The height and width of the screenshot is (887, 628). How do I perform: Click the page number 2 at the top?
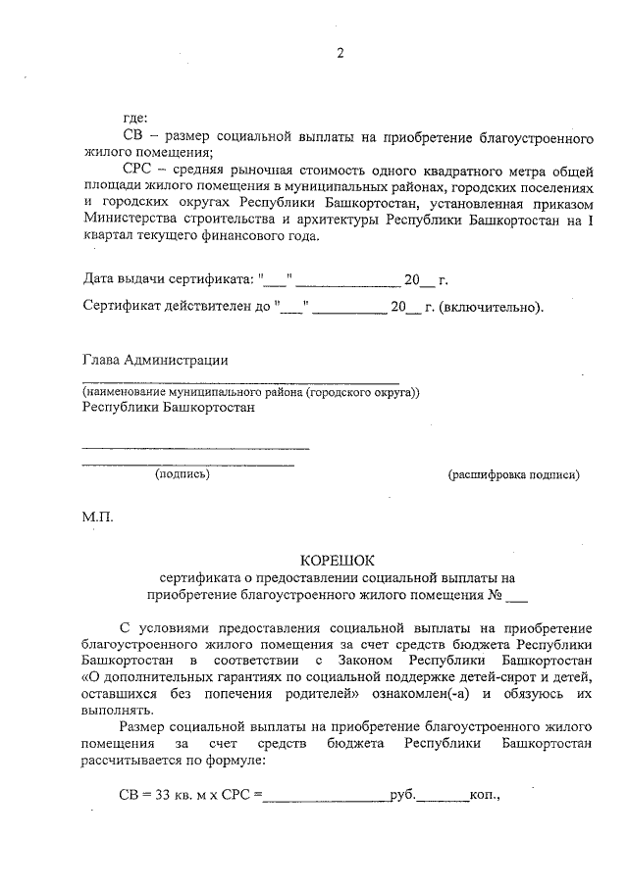pyautogui.click(x=340, y=54)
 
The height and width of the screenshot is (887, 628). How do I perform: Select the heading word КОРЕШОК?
pyautogui.click(x=339, y=561)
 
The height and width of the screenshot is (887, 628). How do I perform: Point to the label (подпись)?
pyautogui.click(x=183, y=474)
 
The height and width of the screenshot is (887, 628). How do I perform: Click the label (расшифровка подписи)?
pyautogui.click(x=513, y=475)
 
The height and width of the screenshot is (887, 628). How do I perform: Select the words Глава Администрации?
pyautogui.click(x=156, y=360)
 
